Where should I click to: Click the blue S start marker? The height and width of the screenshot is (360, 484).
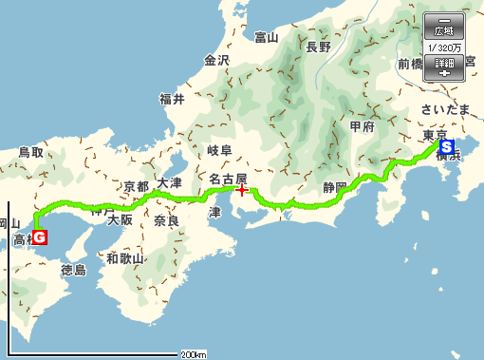pos(447,147)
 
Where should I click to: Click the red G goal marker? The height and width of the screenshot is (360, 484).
pos(42,237)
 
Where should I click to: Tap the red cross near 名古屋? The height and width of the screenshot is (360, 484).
pos(242,189)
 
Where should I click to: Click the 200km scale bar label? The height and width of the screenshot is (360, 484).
pos(193,354)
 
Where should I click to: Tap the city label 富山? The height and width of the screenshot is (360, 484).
pos(267,38)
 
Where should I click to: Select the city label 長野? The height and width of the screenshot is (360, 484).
pos(318,46)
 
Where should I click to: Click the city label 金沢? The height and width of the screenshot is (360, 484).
pos(217,61)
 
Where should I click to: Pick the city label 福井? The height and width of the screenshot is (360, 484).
pos(172,99)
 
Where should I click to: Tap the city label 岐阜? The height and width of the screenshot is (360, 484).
pos(219,151)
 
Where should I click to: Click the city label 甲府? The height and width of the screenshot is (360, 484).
pos(363,126)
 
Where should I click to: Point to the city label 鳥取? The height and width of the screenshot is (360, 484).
pos(31,152)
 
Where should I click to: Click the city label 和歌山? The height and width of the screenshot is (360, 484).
pos(125,258)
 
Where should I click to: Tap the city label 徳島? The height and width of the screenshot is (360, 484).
pos(73,271)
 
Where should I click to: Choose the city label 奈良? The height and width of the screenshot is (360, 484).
pos(166,220)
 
